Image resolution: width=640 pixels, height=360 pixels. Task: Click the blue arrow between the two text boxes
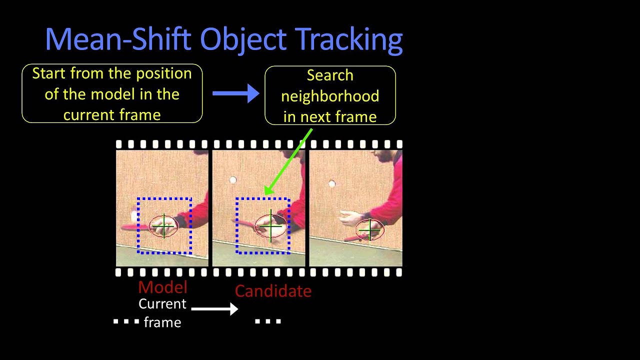[x=235, y=93]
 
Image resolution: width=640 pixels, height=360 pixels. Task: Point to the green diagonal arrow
[x=288, y=161]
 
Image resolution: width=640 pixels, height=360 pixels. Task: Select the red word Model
[x=162, y=287]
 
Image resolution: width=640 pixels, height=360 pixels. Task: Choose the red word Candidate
[x=273, y=291]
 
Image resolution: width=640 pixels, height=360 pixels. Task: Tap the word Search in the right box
[x=330, y=75]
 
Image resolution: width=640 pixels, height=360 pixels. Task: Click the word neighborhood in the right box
[x=330, y=96]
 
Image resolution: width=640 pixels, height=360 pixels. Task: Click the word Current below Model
[x=162, y=304]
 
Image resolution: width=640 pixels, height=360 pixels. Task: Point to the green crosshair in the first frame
[x=163, y=226]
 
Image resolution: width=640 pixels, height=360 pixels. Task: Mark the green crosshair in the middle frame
[x=271, y=226]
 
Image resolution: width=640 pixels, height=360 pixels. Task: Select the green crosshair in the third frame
[x=370, y=230]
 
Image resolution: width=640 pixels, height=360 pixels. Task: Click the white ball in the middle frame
[x=233, y=180]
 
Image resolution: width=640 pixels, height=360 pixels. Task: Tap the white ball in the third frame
[x=332, y=184]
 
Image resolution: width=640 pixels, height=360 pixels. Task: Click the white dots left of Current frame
[x=126, y=321]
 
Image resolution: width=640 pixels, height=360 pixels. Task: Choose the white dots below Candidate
[x=268, y=321]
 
